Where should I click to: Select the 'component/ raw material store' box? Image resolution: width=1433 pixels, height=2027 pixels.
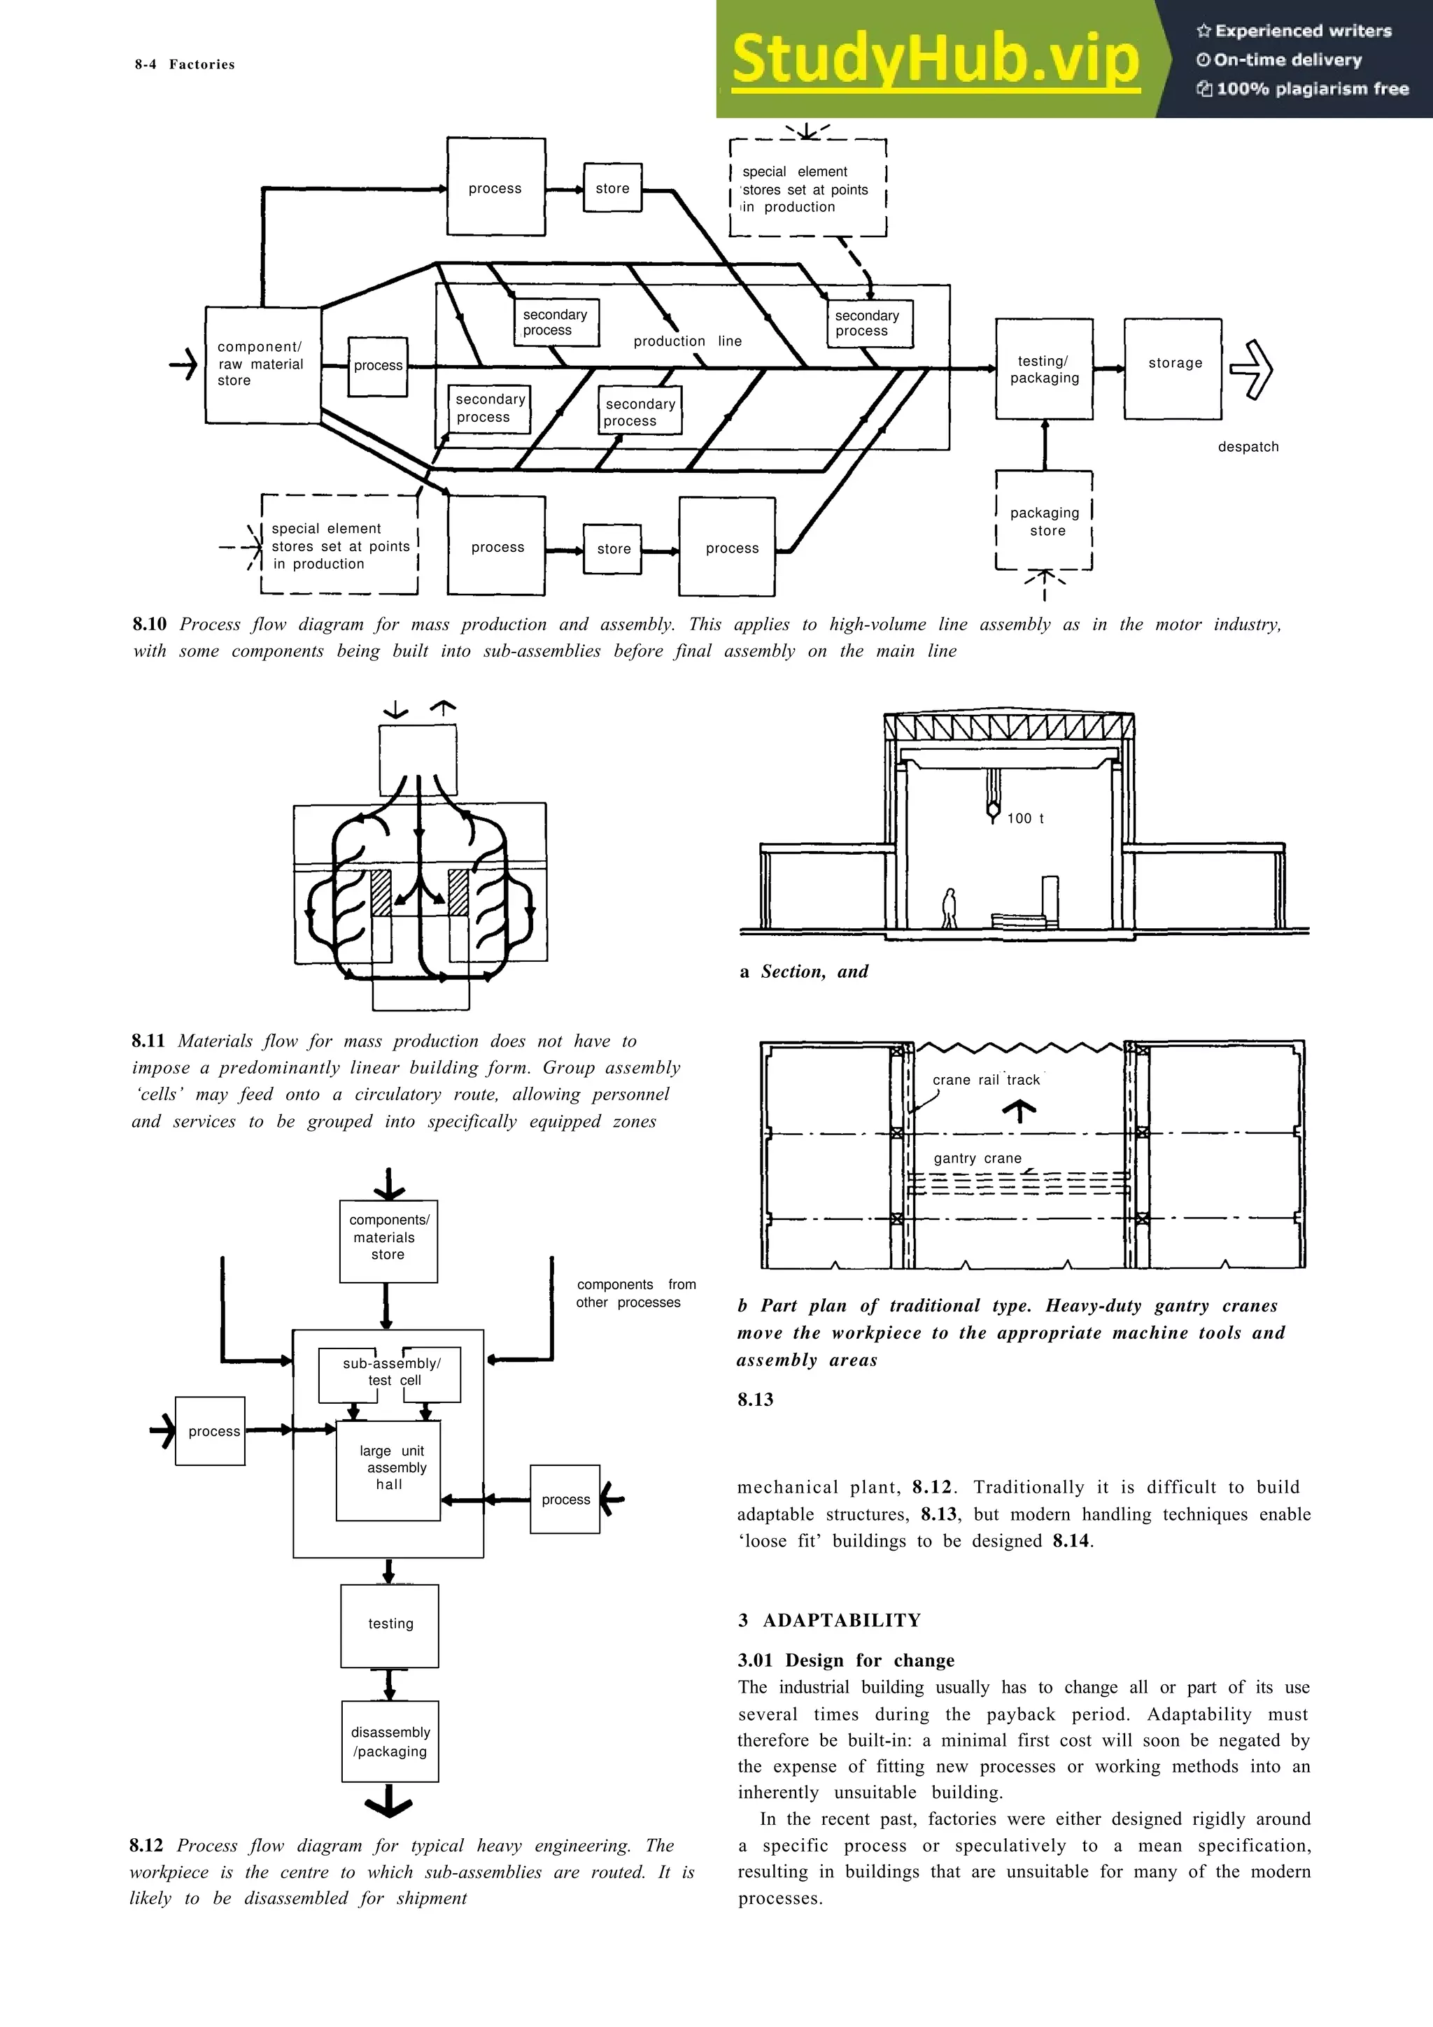point(262,364)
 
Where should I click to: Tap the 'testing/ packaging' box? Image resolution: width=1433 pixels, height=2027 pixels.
point(1044,369)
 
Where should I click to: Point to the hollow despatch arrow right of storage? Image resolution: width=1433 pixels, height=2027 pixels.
point(1252,369)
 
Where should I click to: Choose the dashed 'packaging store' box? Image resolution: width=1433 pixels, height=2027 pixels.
point(1044,521)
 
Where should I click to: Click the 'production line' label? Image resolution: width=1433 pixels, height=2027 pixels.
point(687,341)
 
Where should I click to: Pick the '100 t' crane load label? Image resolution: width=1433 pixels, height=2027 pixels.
point(1024,818)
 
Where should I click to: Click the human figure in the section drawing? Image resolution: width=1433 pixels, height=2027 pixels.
point(950,909)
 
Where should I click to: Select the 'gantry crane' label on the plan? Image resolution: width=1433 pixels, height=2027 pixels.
point(977,1158)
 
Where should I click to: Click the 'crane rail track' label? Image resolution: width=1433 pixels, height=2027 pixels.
point(986,1080)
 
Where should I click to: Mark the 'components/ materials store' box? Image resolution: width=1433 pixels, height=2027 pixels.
point(388,1240)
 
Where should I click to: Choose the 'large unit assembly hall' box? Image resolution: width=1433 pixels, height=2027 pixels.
point(388,1470)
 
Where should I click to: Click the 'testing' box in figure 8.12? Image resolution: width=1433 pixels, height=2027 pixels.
point(389,1624)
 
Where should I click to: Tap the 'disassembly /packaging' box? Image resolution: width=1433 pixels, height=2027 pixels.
point(389,1741)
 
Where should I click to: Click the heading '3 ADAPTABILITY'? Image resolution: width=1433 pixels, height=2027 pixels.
point(829,1620)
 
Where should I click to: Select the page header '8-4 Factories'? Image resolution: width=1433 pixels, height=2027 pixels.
point(185,64)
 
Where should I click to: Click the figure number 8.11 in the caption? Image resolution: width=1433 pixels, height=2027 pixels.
point(148,1041)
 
